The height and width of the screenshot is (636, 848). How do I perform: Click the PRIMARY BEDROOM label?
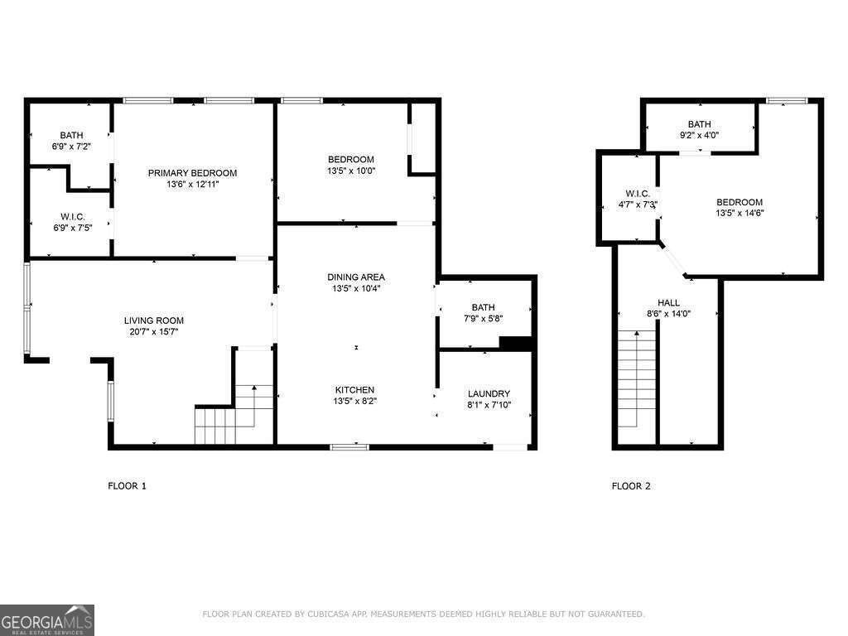pos(192,173)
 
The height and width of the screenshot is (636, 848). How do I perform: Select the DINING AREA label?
pos(356,277)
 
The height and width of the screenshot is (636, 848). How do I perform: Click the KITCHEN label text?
pos(354,390)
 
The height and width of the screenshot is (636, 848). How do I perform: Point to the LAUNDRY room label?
pos(489,393)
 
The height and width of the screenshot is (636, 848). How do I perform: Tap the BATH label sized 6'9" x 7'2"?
pos(71,135)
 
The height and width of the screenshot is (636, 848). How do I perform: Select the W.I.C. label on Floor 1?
pos(73,216)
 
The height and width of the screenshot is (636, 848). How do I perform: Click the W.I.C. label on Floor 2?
pos(638,193)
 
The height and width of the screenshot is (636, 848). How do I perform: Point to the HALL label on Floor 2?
pos(668,302)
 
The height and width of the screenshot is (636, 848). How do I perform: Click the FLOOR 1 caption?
pos(128,486)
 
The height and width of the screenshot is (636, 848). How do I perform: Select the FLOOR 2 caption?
pos(631,486)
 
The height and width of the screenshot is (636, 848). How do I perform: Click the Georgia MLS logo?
pos(47,619)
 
